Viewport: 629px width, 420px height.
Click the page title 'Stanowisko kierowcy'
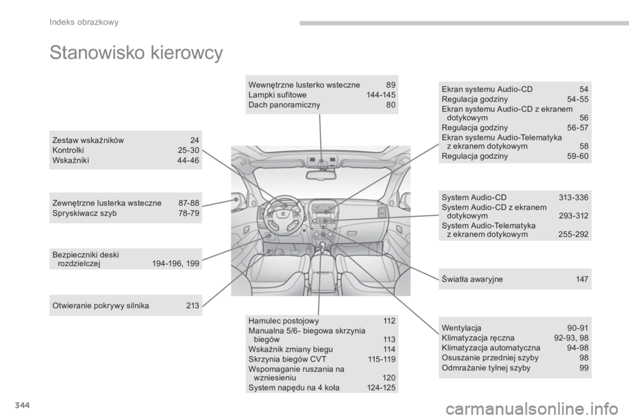click(136, 53)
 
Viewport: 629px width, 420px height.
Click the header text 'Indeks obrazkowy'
click(84, 22)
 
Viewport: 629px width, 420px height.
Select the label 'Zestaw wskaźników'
click(88, 140)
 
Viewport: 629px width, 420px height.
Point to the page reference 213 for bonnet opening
click(193, 305)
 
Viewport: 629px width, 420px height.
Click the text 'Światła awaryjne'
click(472, 280)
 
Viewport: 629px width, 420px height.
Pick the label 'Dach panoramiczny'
click(284, 105)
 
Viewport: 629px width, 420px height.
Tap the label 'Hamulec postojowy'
click(284, 321)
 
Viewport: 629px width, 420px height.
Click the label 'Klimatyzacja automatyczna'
click(491, 348)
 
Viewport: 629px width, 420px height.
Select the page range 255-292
click(573, 234)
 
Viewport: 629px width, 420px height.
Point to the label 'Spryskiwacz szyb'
click(85, 213)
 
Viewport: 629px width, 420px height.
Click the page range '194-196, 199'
click(176, 264)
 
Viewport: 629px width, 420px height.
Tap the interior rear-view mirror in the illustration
click(321, 175)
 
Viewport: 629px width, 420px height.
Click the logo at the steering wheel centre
click(284, 206)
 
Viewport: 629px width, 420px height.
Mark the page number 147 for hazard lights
click(582, 280)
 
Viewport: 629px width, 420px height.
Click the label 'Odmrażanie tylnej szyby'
click(486, 367)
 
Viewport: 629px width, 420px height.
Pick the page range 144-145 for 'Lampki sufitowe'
click(381, 95)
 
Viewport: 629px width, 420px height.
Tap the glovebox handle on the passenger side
click(351, 234)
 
